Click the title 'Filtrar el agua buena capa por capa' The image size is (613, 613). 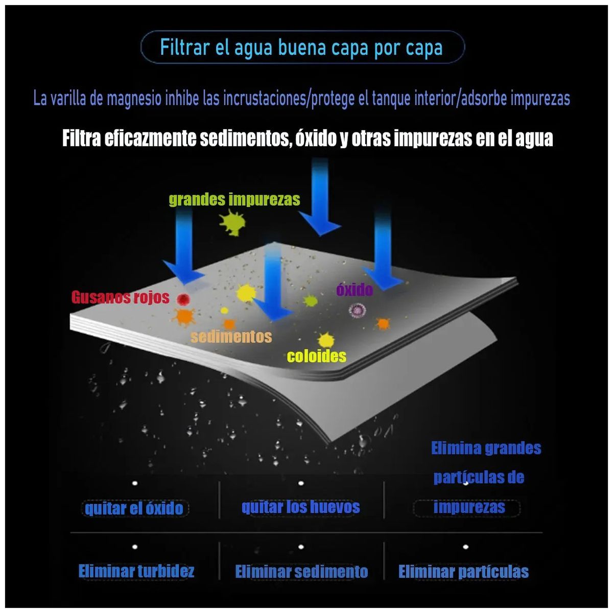301,48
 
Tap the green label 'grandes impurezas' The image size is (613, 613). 234,199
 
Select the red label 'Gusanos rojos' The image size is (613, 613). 120,297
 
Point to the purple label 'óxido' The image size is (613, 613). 355,290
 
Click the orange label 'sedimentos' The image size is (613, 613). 231,336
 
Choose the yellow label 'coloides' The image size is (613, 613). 317,356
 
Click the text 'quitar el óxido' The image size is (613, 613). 134,508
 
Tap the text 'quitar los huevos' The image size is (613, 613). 300,506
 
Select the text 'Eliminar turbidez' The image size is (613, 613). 136,571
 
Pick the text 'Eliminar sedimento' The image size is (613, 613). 301,571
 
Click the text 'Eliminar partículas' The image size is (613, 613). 463,571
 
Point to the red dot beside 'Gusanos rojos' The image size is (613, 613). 183,299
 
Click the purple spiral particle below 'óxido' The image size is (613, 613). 357,310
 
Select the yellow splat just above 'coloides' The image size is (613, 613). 326,340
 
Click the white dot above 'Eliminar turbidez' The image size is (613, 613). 134,547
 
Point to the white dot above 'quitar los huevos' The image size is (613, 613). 300,483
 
